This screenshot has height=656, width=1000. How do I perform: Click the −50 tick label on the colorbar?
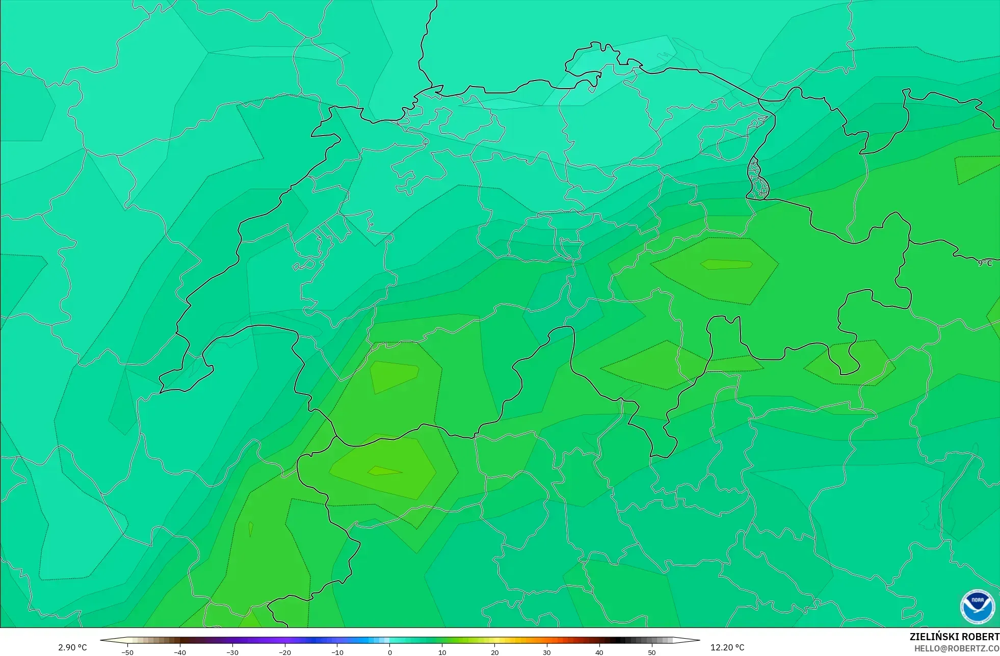click(127, 652)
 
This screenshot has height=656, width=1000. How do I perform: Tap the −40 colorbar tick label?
click(179, 652)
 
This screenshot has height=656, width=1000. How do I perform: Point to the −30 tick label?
click(232, 652)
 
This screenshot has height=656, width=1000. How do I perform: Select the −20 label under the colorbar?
click(284, 652)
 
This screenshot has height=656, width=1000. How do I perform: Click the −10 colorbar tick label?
click(337, 652)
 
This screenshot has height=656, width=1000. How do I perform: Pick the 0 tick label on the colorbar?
click(390, 652)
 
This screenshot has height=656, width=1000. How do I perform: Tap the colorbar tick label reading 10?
click(442, 652)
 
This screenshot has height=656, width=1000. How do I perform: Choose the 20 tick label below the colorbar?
click(494, 652)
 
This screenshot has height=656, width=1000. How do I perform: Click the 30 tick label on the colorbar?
click(547, 652)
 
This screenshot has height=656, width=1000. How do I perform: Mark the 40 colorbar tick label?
click(599, 652)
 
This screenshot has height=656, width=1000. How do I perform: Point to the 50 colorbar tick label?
click(652, 652)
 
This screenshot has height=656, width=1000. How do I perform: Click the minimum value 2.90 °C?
click(72, 647)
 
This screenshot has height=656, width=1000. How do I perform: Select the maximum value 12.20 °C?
click(727, 647)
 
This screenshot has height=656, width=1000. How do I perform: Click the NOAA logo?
click(977, 607)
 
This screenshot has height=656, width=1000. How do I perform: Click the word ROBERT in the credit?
click(982, 637)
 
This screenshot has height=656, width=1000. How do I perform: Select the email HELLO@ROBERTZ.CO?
click(957, 648)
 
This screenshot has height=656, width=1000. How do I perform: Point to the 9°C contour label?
click(985, 263)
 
